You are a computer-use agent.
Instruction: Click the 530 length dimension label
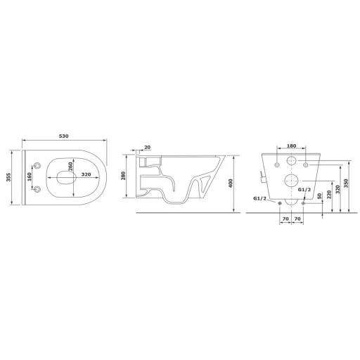pos(63,136)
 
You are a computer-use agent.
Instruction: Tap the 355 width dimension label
pos(8,177)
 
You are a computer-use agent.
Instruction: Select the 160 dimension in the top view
pos(29,177)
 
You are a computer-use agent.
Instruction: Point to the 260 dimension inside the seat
pos(70,167)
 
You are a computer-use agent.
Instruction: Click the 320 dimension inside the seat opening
pos(86,174)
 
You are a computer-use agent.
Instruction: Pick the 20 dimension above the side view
pos(147,147)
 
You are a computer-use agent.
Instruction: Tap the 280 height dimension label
pos(123,176)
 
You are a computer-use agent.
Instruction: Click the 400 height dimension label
pos(231,183)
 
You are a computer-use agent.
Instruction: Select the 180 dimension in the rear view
pos(291,146)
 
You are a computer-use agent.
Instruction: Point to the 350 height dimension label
pos(346,183)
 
